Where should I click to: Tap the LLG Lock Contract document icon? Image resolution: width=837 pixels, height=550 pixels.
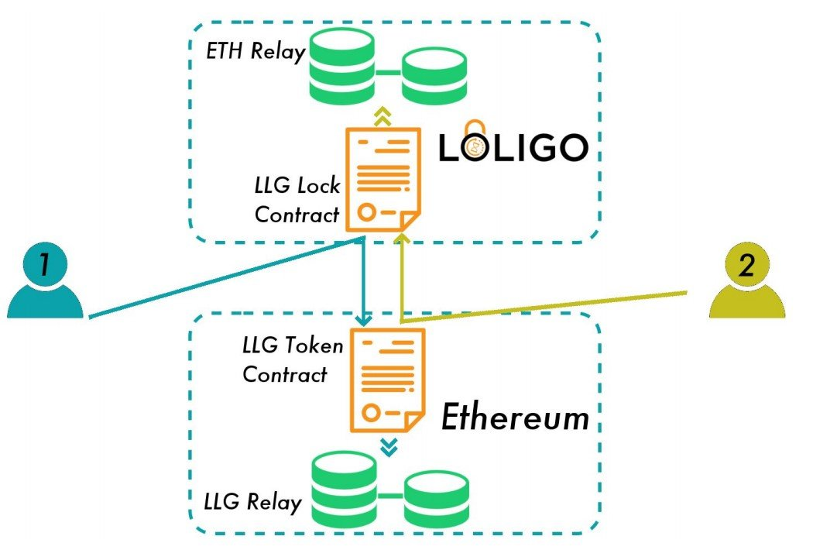coord(382,180)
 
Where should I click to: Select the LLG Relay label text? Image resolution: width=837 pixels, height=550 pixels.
coord(252,501)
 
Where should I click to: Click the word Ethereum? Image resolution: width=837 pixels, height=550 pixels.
coord(515,418)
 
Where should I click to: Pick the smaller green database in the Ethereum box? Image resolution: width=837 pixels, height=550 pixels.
coord(437,497)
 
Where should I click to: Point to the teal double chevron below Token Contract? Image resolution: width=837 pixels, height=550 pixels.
coord(389,447)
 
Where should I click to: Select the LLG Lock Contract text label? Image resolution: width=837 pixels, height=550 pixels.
coord(297,201)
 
